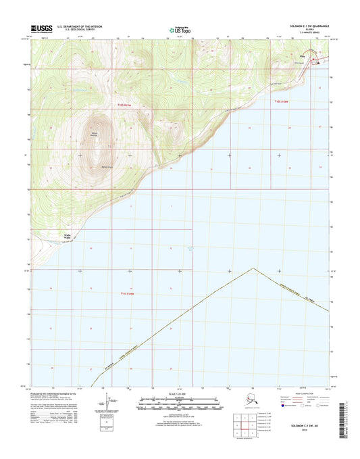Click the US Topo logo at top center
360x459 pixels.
[x=180, y=29]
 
